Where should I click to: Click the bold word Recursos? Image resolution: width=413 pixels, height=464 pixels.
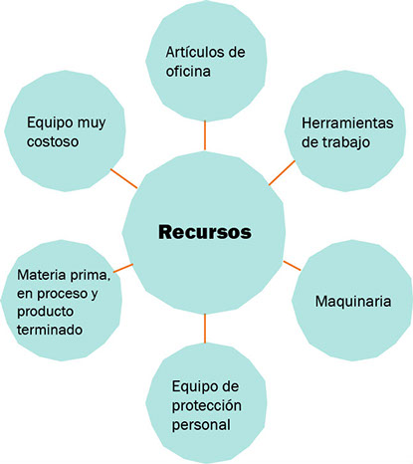205,232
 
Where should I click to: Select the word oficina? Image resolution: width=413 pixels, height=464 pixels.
188,71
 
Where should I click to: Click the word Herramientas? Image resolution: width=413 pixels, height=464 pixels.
347,123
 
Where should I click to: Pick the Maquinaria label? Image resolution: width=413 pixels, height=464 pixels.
353,302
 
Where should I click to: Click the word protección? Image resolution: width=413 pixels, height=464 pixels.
206,406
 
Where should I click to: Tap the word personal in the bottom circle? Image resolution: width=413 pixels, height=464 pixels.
201,425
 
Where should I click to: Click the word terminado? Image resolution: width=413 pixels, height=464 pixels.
50,330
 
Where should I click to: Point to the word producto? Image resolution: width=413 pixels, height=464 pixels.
45,312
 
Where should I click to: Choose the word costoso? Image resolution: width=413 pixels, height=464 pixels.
53,141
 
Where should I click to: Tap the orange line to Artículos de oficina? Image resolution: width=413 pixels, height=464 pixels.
205,135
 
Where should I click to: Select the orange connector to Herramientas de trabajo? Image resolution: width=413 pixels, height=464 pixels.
282,173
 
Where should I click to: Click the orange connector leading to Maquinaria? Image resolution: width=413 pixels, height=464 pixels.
292,266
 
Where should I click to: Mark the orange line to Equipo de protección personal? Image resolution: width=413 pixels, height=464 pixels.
205,329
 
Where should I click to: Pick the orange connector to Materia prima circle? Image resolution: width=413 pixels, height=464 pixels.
123,268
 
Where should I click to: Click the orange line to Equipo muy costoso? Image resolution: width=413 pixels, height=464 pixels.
123,178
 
